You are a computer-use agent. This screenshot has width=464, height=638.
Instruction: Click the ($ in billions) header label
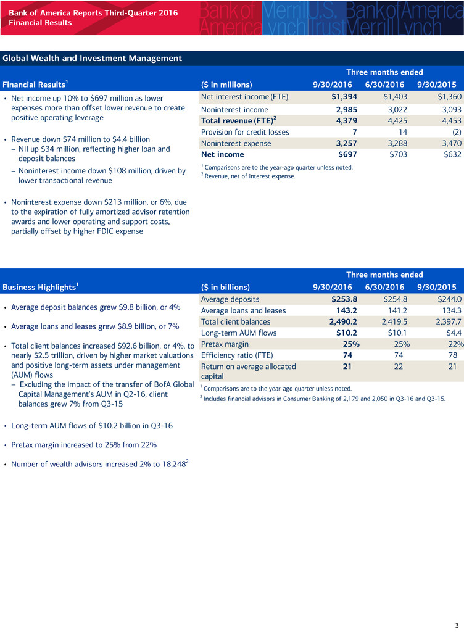click(x=226, y=287)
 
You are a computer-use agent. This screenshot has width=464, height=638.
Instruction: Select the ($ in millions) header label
click(x=226, y=85)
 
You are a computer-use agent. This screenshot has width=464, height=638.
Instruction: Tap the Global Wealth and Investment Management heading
click(x=93, y=59)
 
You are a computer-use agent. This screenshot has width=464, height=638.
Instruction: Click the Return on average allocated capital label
click(x=249, y=371)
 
